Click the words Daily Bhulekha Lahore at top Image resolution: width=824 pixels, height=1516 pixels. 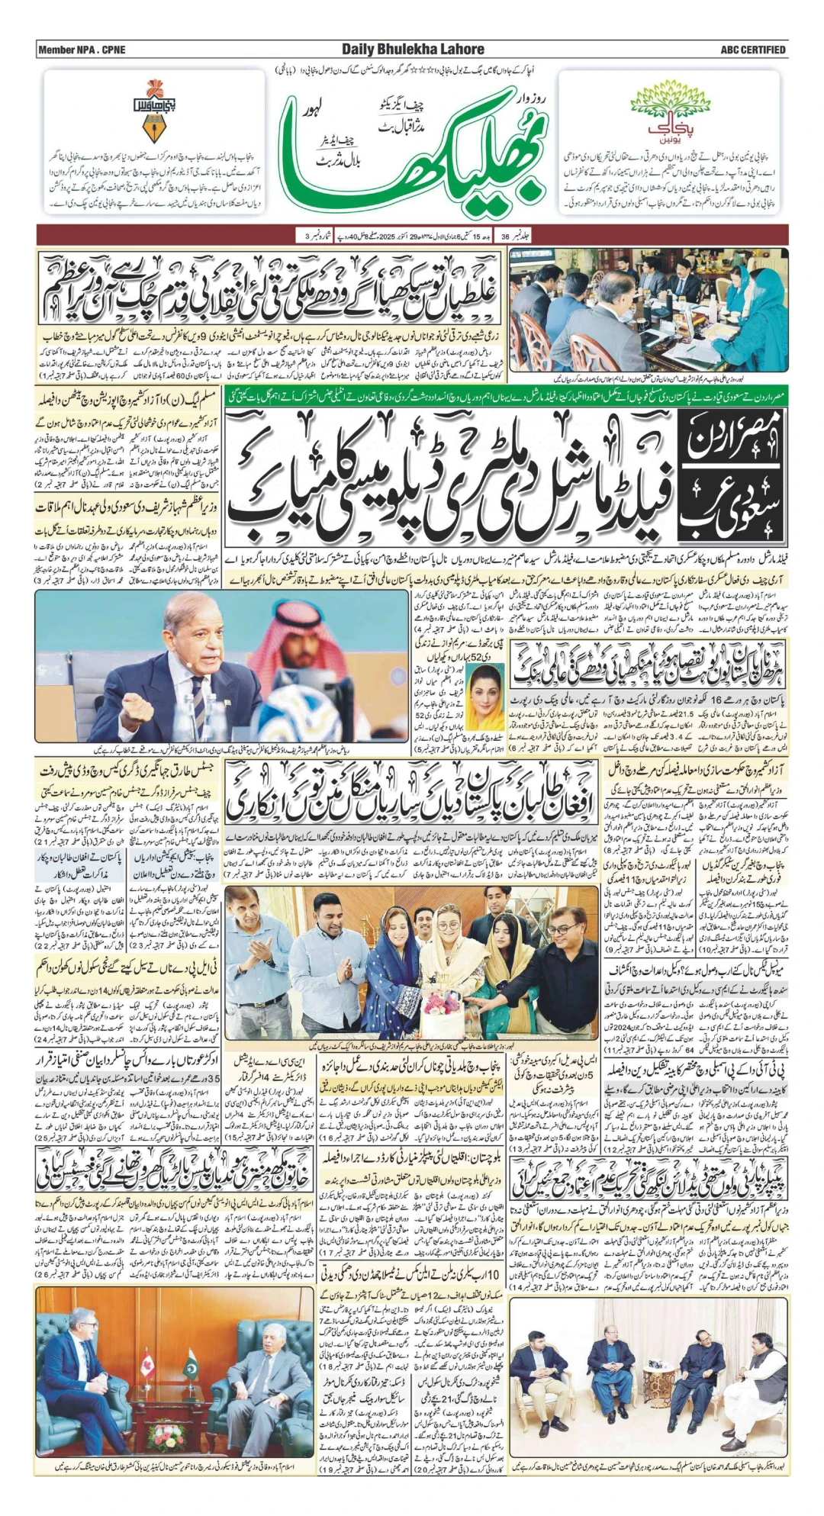[x=413, y=50]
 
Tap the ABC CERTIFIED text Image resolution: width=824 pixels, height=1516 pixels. [x=752, y=50]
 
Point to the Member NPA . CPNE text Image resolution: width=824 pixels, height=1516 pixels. [x=82, y=50]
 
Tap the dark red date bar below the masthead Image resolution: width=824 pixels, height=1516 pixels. [x=412, y=235]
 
